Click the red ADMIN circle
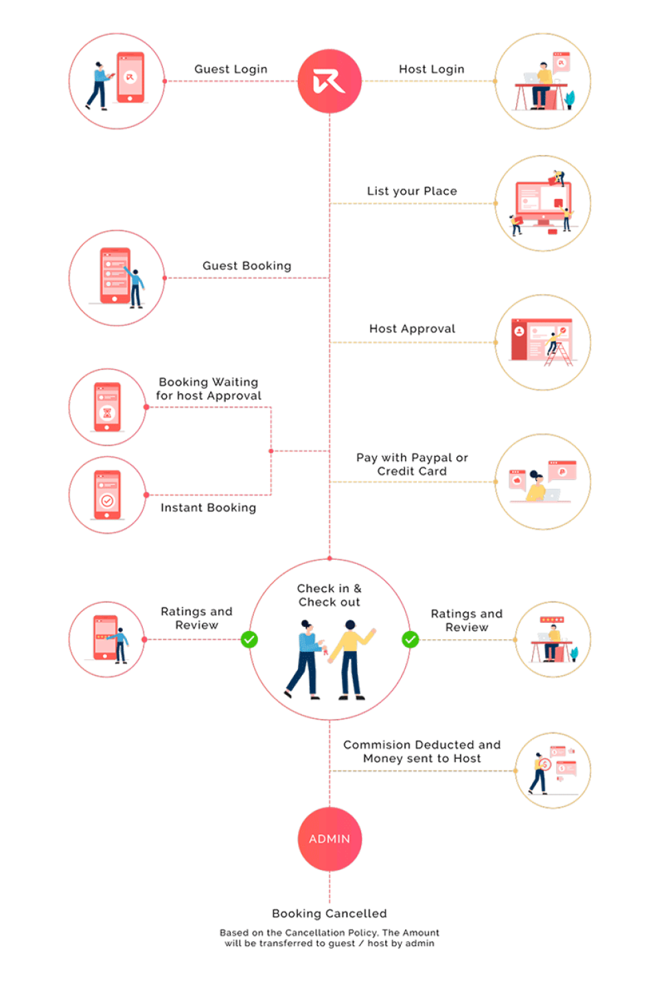pyautogui.click(x=329, y=838)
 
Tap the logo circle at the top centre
pyautogui.click(x=329, y=81)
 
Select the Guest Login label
pyautogui.click(x=231, y=69)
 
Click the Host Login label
pyautogui.click(x=432, y=69)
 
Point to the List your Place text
pyautogui.click(x=412, y=191)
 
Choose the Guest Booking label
pyautogui.click(x=247, y=265)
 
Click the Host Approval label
pyautogui.click(x=413, y=329)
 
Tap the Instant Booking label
pyautogui.click(x=209, y=508)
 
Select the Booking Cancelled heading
pyautogui.click(x=329, y=913)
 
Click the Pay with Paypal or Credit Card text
pyautogui.click(x=413, y=464)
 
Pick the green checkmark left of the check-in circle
pyautogui.click(x=249, y=639)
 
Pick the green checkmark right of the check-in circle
pyautogui.click(x=410, y=639)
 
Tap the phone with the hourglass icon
pyautogui.click(x=107, y=407)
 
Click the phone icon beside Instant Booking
pyautogui.click(x=107, y=495)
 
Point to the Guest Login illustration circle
pyautogui.click(x=117, y=81)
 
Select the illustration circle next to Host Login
pyautogui.click(x=543, y=81)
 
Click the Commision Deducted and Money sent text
pyautogui.click(x=422, y=751)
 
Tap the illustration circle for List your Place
pyautogui.click(x=543, y=203)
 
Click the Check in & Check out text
pyautogui.click(x=329, y=595)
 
